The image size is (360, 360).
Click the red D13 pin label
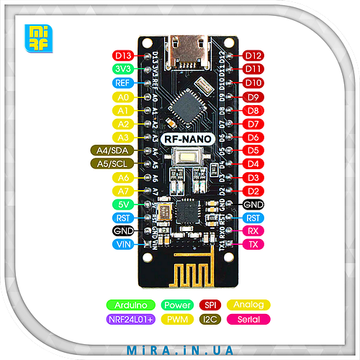(x=123, y=55)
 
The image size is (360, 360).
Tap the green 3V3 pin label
(x=123, y=69)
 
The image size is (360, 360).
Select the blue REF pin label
(x=123, y=83)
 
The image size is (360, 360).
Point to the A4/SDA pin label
(x=113, y=150)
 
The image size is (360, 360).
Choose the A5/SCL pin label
(x=113, y=164)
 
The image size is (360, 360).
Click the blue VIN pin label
(x=123, y=245)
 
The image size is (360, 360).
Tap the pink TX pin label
(x=252, y=245)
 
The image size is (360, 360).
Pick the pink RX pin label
(x=252, y=231)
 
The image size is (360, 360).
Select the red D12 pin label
(x=252, y=55)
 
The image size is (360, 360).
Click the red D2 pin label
(x=252, y=191)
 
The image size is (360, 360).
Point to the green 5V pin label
(x=123, y=204)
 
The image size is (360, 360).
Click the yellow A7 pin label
(x=123, y=191)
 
